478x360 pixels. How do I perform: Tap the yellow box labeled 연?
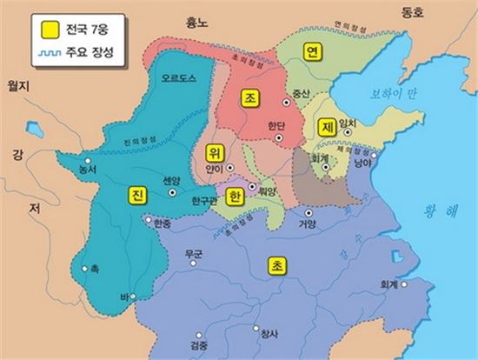(x=310, y=53)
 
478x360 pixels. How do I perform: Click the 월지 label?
(x=19, y=87)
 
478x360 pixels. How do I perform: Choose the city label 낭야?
(x=364, y=161)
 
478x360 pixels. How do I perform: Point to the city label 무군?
(x=193, y=255)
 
